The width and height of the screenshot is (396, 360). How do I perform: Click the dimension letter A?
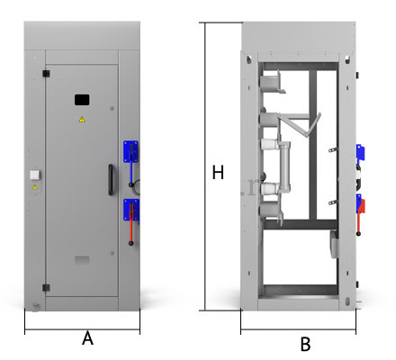pyautogui.click(x=87, y=338)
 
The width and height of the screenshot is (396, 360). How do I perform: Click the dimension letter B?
pyautogui.click(x=305, y=344)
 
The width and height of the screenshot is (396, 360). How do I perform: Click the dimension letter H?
pyautogui.click(x=218, y=172)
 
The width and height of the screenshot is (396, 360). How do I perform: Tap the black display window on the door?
pyautogui.click(x=82, y=100)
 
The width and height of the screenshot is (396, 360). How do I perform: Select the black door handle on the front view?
pyautogui.click(x=111, y=180)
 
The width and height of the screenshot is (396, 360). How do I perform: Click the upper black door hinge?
pyautogui.click(x=46, y=74)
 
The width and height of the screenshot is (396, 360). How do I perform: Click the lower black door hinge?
pyautogui.click(x=46, y=288)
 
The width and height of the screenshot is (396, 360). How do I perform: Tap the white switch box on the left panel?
pyautogui.click(x=35, y=175)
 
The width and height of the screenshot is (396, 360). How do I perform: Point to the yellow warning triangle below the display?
pyautogui.click(x=82, y=120)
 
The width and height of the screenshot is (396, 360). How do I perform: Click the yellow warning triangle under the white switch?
pyautogui.click(x=35, y=187)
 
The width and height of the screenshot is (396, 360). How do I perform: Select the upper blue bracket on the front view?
pyautogui.click(x=130, y=151)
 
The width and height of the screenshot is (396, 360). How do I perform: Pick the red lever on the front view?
pyautogui.click(x=131, y=223)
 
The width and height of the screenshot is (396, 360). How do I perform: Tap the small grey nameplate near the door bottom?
pyautogui.click(x=82, y=260)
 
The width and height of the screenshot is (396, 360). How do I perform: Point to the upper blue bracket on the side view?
pyautogui.click(x=360, y=153)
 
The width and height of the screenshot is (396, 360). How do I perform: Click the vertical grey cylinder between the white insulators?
pyautogui.click(x=285, y=166)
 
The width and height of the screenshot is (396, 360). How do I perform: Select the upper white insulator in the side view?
pyautogui.click(x=269, y=144)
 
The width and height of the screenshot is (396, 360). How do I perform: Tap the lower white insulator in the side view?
pyautogui.click(x=269, y=189)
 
